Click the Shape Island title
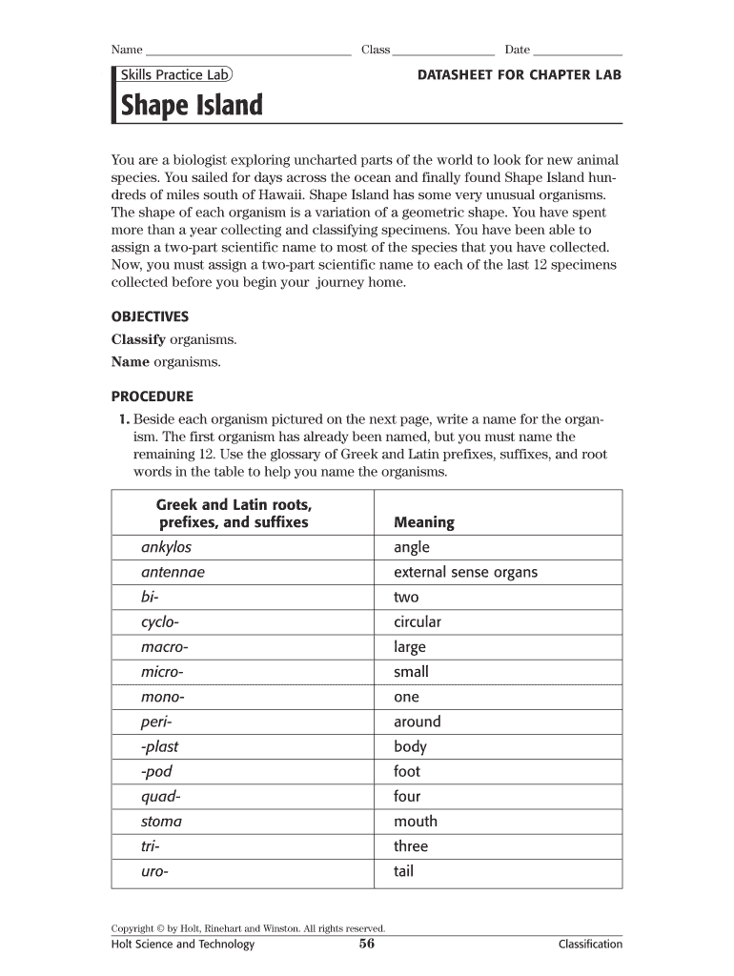[191, 105]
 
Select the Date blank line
[578, 51]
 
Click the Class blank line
[443, 51]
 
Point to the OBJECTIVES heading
[151, 316]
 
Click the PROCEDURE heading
[153, 396]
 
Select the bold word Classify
[138, 339]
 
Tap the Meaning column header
[424, 522]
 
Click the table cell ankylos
[166, 547]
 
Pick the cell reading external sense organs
[465, 572]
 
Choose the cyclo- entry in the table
[159, 621]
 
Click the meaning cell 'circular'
[418, 621]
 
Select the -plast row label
[159, 746]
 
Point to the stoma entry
[161, 821]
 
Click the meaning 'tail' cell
[404, 871]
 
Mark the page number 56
[367, 945]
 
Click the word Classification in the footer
[590, 945]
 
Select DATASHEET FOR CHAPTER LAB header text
[520, 74]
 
